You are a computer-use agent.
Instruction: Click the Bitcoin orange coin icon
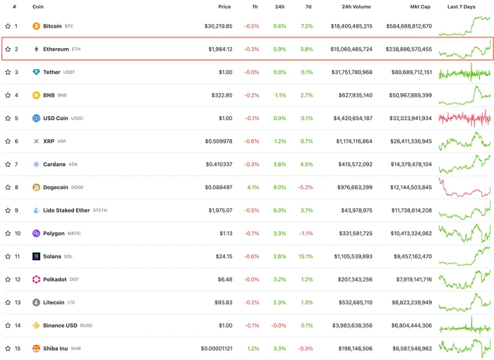pos(36,26)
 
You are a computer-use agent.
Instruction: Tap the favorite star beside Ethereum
pos(8,49)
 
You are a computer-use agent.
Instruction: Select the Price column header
pos(224,6)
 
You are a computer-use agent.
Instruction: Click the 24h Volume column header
pos(356,6)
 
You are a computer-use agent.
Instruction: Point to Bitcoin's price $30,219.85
pos(218,26)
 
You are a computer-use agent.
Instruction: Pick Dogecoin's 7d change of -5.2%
pos(306,187)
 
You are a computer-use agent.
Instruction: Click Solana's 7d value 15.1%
pos(306,256)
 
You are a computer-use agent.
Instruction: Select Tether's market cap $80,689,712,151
pos(411,72)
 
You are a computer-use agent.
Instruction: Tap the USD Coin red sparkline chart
pos(464,118)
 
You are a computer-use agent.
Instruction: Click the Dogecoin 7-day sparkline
pos(464,187)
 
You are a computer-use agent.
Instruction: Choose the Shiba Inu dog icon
pos(36,348)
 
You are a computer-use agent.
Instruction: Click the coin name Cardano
pos(54,164)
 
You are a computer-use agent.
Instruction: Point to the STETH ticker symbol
pos(100,210)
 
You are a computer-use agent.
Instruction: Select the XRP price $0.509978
pos(219,141)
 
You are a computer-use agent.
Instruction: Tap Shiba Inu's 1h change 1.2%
pos(253,348)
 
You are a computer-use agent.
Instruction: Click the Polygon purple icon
pos(36,233)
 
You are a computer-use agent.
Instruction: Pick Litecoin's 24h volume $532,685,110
pos(356,302)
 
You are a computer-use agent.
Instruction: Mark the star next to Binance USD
pos(8,325)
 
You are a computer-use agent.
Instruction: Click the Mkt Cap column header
pos(420,6)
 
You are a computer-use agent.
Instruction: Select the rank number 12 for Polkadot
pos(18,280)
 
